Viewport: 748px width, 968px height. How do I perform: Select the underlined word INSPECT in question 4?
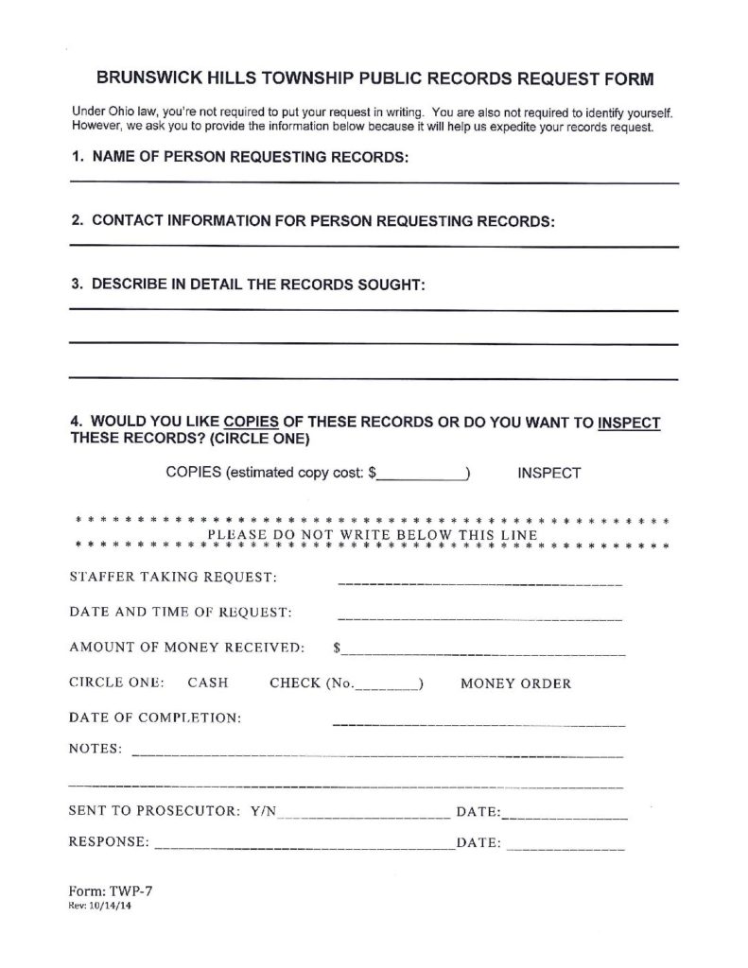tap(630, 423)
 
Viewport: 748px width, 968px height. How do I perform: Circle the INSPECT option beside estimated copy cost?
tap(549, 473)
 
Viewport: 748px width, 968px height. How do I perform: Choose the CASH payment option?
tap(206, 683)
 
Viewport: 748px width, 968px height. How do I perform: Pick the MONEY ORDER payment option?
tap(515, 683)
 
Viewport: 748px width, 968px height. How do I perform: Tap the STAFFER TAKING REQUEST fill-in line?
tap(479, 582)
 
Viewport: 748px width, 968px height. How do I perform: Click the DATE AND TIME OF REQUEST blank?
tap(479, 618)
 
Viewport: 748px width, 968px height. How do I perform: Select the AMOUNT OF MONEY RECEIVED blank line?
tap(484, 653)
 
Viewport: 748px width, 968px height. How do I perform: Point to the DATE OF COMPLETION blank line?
tap(479, 724)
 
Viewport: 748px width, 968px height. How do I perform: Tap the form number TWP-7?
tap(119, 891)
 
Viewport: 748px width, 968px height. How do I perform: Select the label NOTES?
tap(96, 750)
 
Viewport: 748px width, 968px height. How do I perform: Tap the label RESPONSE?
tap(108, 841)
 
